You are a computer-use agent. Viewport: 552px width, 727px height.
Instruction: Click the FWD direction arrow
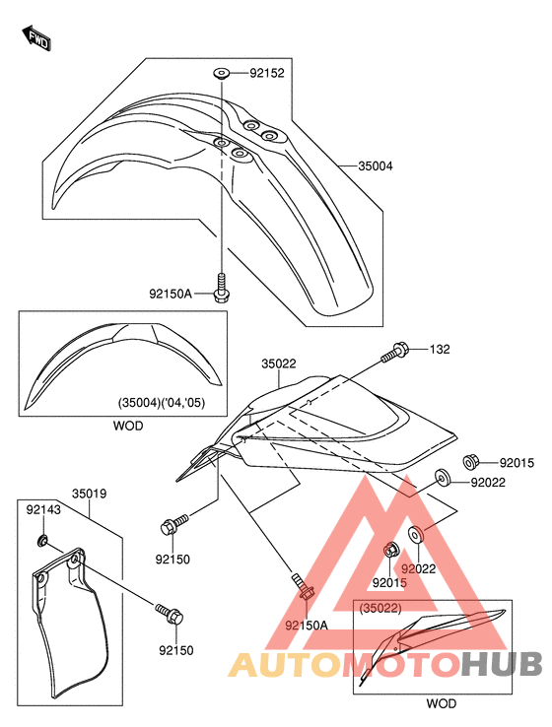coord(36,37)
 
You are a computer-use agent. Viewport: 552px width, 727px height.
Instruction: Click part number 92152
coord(267,73)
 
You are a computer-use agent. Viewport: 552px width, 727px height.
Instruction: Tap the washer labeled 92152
coord(222,73)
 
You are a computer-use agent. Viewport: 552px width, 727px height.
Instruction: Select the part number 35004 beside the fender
coord(375,165)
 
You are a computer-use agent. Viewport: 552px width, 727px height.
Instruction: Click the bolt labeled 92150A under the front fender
coord(223,288)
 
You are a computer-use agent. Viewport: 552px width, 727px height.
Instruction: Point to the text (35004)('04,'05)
coord(162,402)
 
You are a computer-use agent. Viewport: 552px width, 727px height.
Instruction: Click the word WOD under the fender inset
coord(128,426)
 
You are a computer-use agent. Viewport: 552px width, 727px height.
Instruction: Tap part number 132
coord(440,349)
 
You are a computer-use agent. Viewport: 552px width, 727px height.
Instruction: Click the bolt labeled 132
coord(394,353)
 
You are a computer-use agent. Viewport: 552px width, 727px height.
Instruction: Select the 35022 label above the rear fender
coord(278,363)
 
